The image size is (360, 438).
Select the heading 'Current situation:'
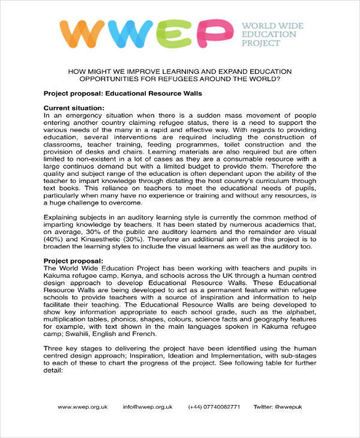point(74,107)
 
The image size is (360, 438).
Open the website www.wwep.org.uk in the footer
point(83,407)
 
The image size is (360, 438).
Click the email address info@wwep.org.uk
point(148,407)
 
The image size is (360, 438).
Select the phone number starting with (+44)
point(214,407)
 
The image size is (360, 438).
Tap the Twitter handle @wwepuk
point(278,407)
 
